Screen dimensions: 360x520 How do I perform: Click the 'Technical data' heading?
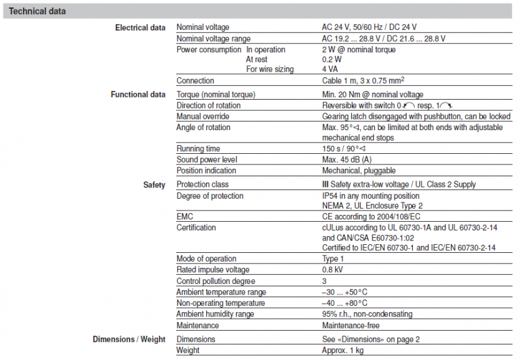click(37, 11)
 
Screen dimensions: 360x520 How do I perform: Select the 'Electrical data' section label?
click(140, 27)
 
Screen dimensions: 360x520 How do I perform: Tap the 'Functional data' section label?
click(138, 95)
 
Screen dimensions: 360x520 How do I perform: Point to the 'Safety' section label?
click(154, 185)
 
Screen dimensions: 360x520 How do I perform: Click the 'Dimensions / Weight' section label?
click(129, 339)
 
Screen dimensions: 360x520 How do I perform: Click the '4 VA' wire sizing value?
click(330, 69)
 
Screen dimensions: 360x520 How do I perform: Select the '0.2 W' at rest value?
click(332, 59)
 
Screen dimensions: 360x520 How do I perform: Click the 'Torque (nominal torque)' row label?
click(216, 95)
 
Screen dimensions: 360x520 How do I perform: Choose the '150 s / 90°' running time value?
click(343, 149)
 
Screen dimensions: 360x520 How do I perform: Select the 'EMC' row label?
click(185, 216)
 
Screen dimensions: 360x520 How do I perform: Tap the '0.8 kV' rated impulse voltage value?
click(333, 270)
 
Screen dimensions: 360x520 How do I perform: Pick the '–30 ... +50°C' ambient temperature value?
click(344, 292)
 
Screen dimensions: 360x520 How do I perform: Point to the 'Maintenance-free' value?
click(351, 325)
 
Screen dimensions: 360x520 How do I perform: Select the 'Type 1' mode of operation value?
click(333, 258)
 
